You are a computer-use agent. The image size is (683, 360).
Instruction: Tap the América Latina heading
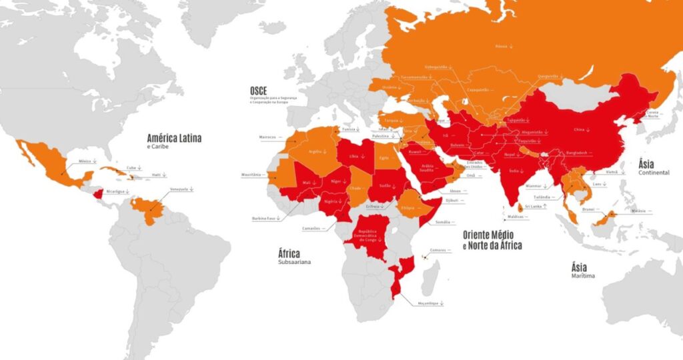pos(174,139)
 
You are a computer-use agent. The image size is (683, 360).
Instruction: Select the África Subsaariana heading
pos(289,253)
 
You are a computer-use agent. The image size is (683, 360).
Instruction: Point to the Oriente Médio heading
pos(492,235)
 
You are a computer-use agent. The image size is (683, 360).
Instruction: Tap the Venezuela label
pos(181,189)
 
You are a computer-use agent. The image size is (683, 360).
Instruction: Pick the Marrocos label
pos(268,137)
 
